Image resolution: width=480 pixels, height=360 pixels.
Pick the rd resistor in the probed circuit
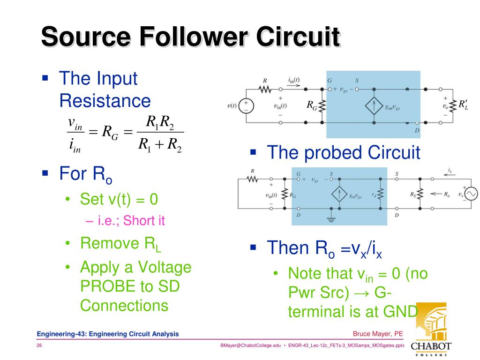(381, 193)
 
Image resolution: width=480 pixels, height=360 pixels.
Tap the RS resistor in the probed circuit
(420, 194)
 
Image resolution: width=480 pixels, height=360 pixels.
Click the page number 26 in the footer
(39, 345)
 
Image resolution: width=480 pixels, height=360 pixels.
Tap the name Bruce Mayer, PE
(378, 334)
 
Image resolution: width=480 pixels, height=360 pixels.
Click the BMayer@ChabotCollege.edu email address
(250, 345)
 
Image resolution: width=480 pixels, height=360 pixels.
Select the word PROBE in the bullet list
(108, 286)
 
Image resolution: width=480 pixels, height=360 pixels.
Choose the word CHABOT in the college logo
(431, 345)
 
